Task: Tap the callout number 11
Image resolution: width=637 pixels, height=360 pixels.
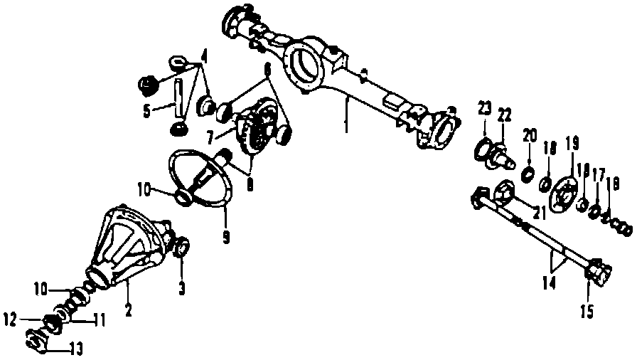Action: pos(100,320)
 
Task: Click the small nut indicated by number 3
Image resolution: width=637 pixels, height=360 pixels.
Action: pos(181,248)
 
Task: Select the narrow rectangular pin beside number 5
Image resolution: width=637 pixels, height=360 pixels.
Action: pos(178,100)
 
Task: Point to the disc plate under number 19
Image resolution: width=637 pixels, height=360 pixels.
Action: pos(567,193)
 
